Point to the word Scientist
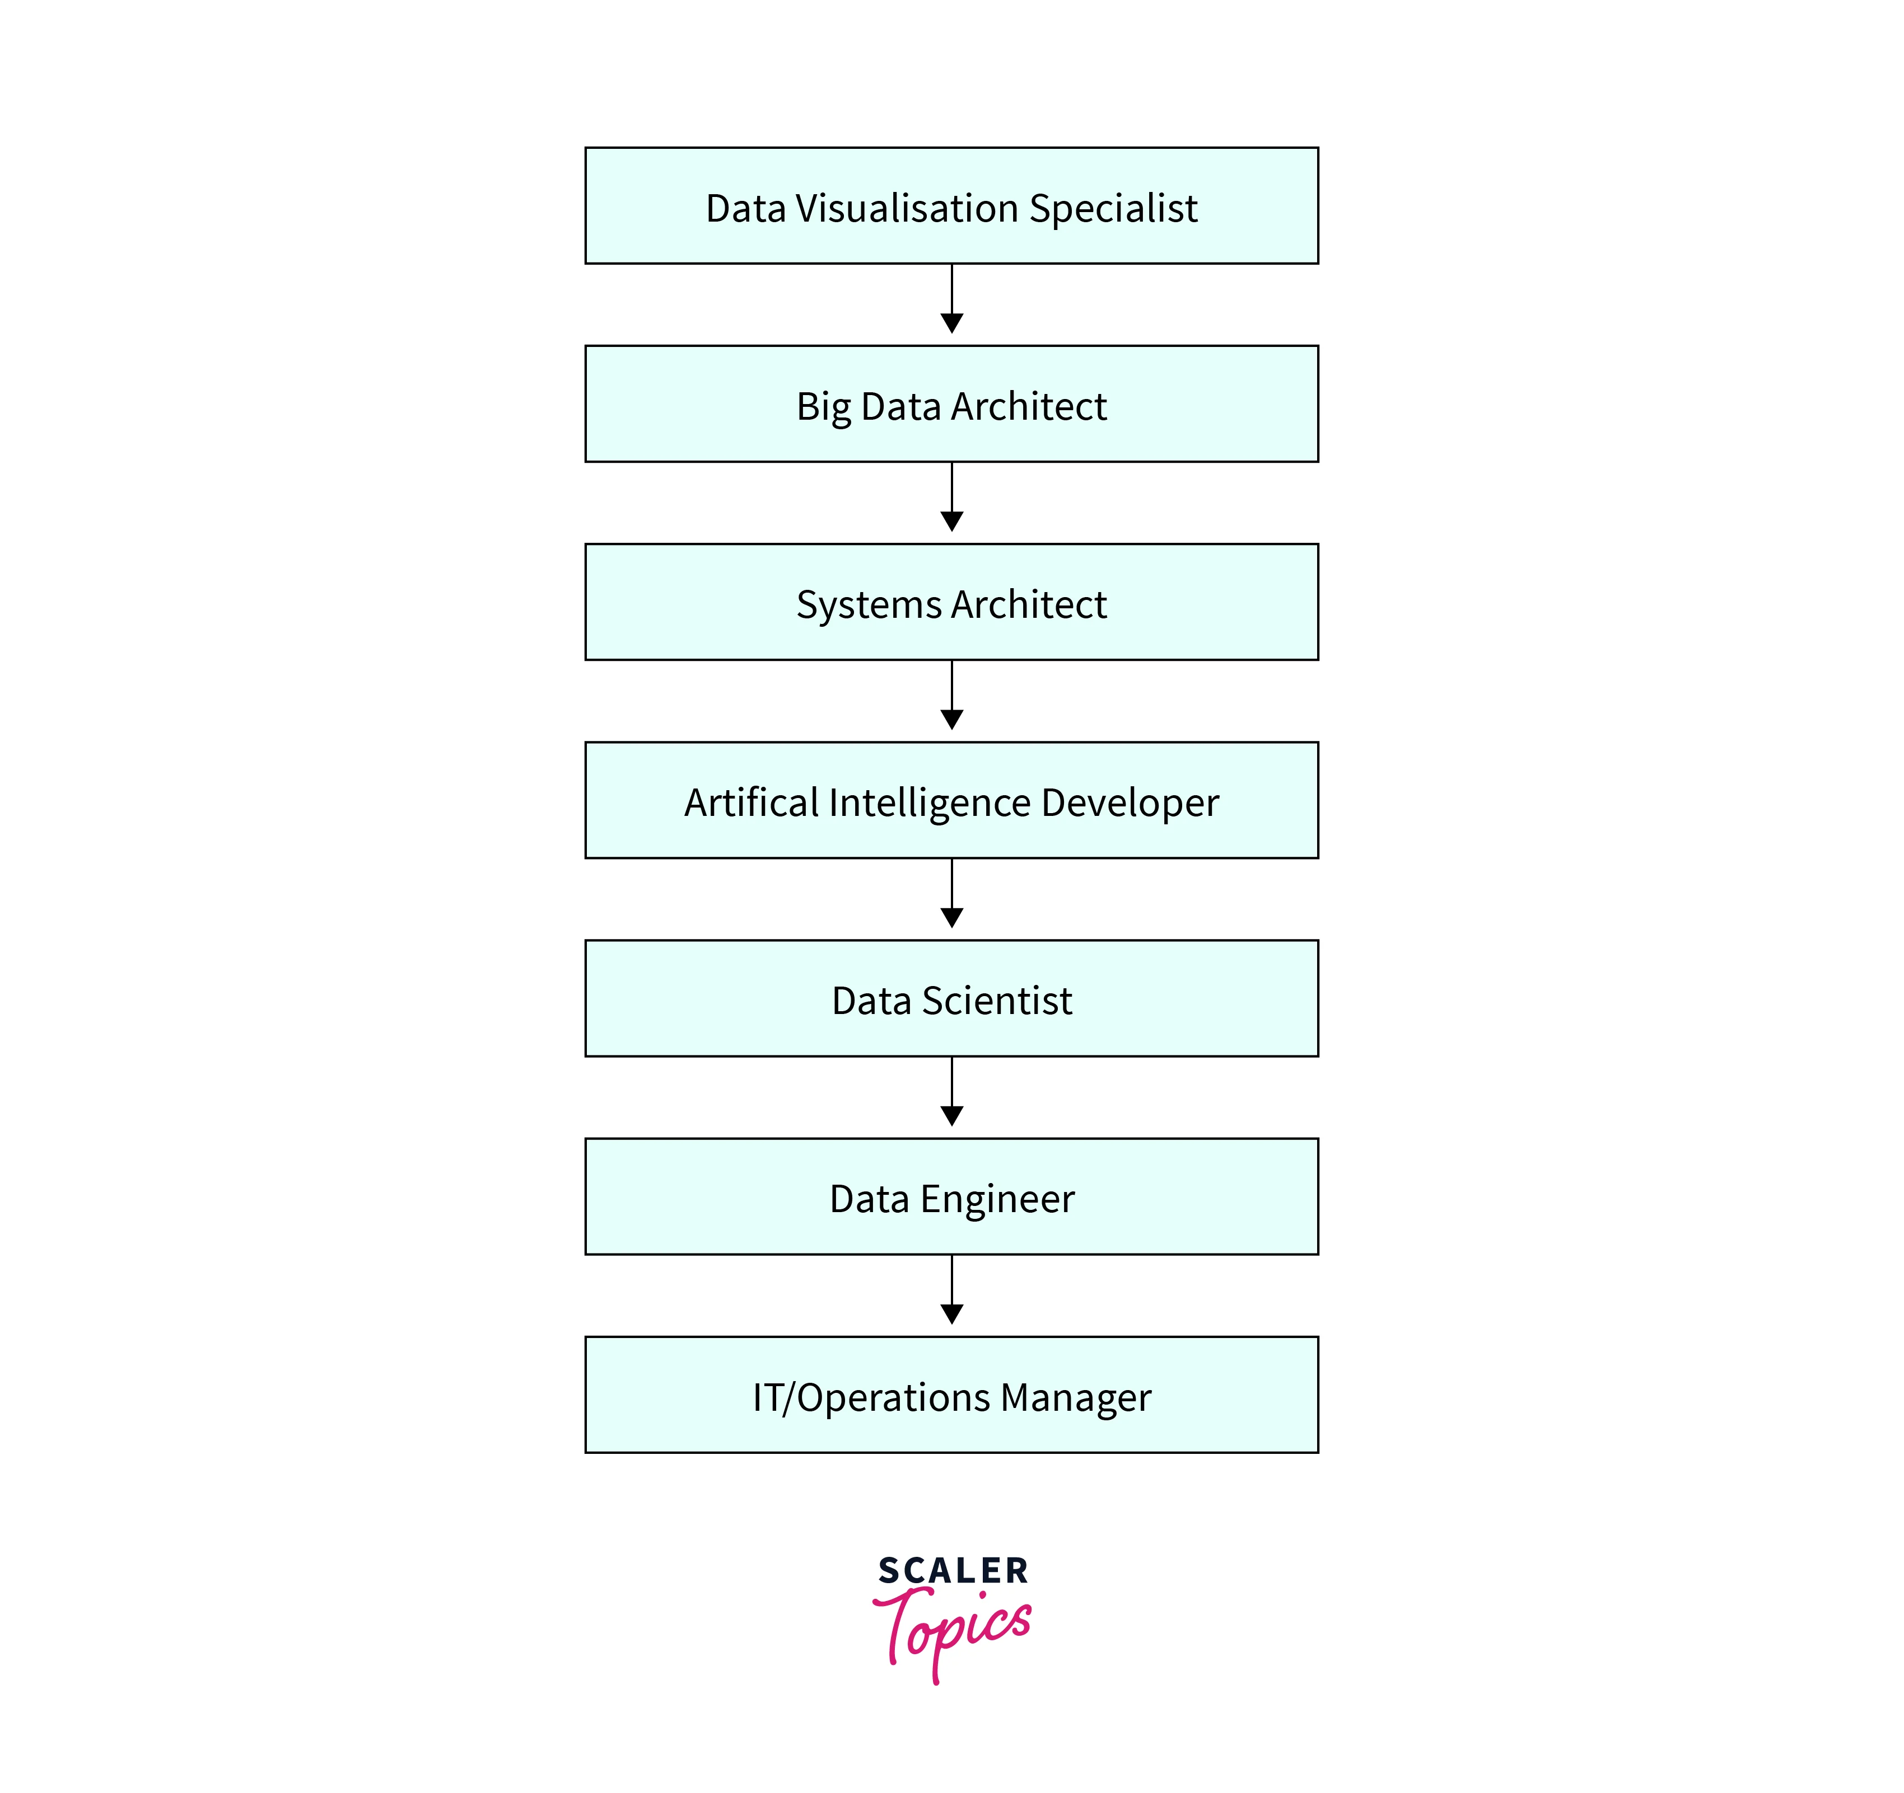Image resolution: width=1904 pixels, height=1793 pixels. (x=996, y=1001)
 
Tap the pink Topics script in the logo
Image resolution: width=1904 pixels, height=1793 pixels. (x=953, y=1627)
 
